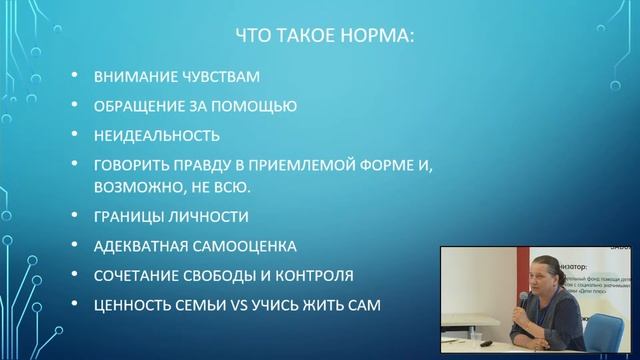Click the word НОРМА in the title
click(x=370, y=38)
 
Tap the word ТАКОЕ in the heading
click(x=302, y=38)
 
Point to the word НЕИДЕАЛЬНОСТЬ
click(x=156, y=134)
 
